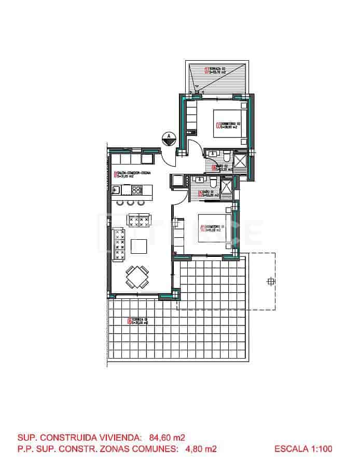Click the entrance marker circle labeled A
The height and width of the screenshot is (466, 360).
tap(168, 138)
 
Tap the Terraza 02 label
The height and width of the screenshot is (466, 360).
tap(215, 71)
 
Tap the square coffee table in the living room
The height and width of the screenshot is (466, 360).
tap(139, 245)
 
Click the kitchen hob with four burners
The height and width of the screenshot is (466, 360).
tap(139, 221)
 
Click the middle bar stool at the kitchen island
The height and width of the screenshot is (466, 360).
tap(130, 202)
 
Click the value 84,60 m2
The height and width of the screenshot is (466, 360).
tap(167, 437)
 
